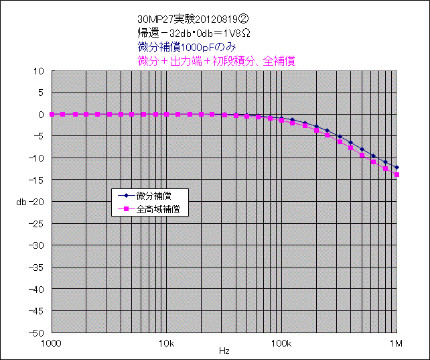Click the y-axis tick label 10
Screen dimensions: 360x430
(x=39, y=70)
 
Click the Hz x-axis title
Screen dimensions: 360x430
(x=224, y=351)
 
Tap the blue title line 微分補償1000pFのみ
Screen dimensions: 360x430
(x=190, y=47)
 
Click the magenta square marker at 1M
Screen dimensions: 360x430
(x=397, y=174)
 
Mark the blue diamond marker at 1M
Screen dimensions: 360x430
(x=397, y=167)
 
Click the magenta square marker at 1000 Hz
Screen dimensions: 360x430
(x=52, y=114)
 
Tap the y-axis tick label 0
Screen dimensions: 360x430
(x=41, y=114)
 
